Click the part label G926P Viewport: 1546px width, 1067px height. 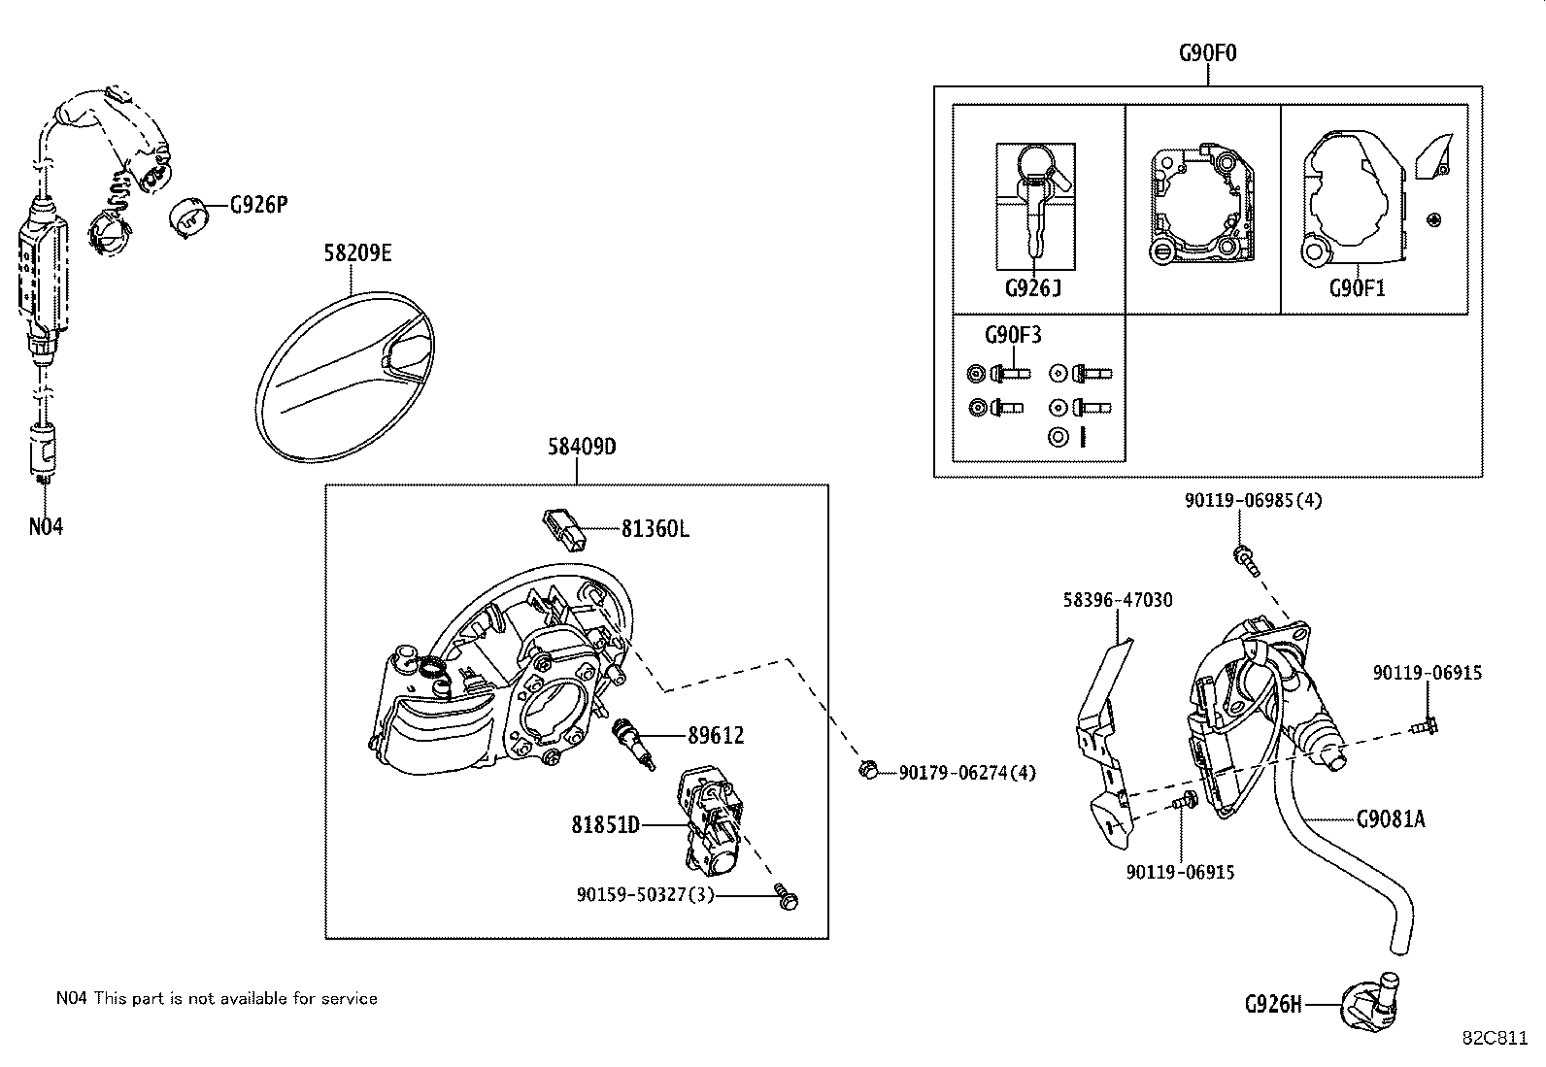(x=258, y=206)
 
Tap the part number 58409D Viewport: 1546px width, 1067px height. (x=582, y=447)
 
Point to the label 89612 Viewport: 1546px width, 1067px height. (x=716, y=736)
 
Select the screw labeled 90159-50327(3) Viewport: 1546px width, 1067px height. (x=787, y=898)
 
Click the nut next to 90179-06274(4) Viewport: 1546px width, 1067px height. (x=868, y=770)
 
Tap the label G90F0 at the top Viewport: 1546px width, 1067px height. (x=1208, y=52)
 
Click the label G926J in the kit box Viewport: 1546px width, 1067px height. (x=1033, y=288)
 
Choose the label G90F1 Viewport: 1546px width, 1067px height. (x=1357, y=288)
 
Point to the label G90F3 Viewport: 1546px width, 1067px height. (x=1013, y=335)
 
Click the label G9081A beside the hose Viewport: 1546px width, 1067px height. (x=1391, y=819)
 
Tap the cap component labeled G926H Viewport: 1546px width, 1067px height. (x=1369, y=1003)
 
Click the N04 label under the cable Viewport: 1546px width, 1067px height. (x=46, y=527)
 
